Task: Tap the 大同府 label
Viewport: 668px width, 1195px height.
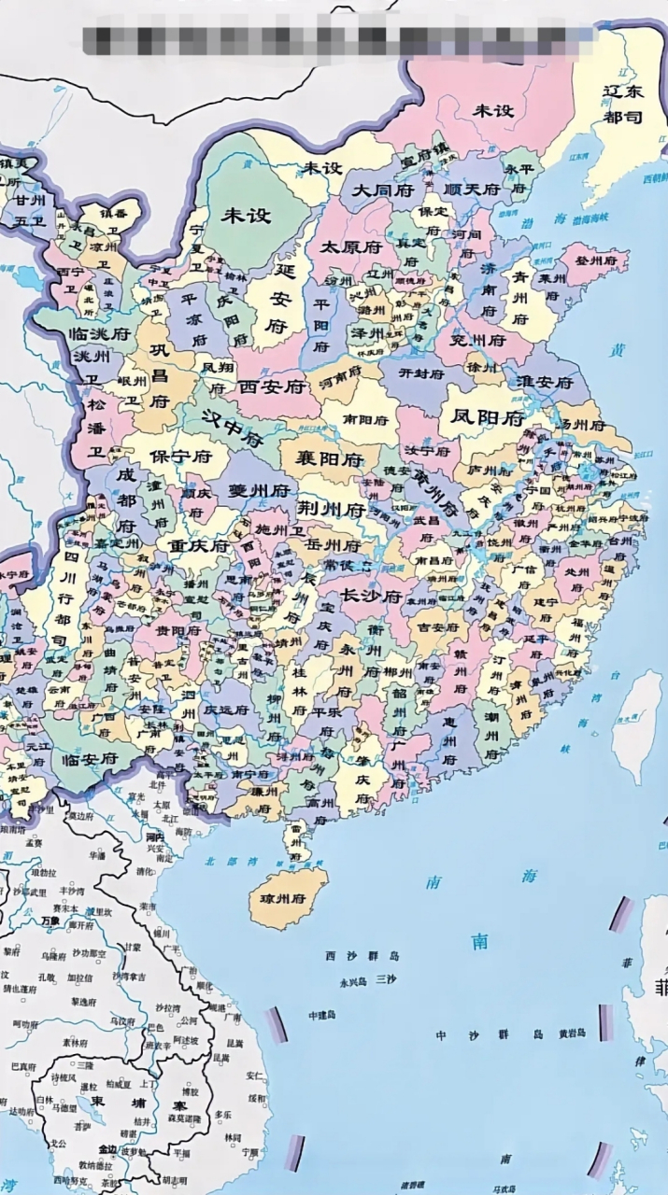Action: pos(381,190)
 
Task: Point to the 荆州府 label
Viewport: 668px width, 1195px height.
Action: pos(331,510)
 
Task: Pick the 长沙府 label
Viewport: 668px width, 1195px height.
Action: pos(370,596)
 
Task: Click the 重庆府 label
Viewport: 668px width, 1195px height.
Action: pos(198,546)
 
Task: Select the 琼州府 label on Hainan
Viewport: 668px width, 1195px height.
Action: pos(287,899)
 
